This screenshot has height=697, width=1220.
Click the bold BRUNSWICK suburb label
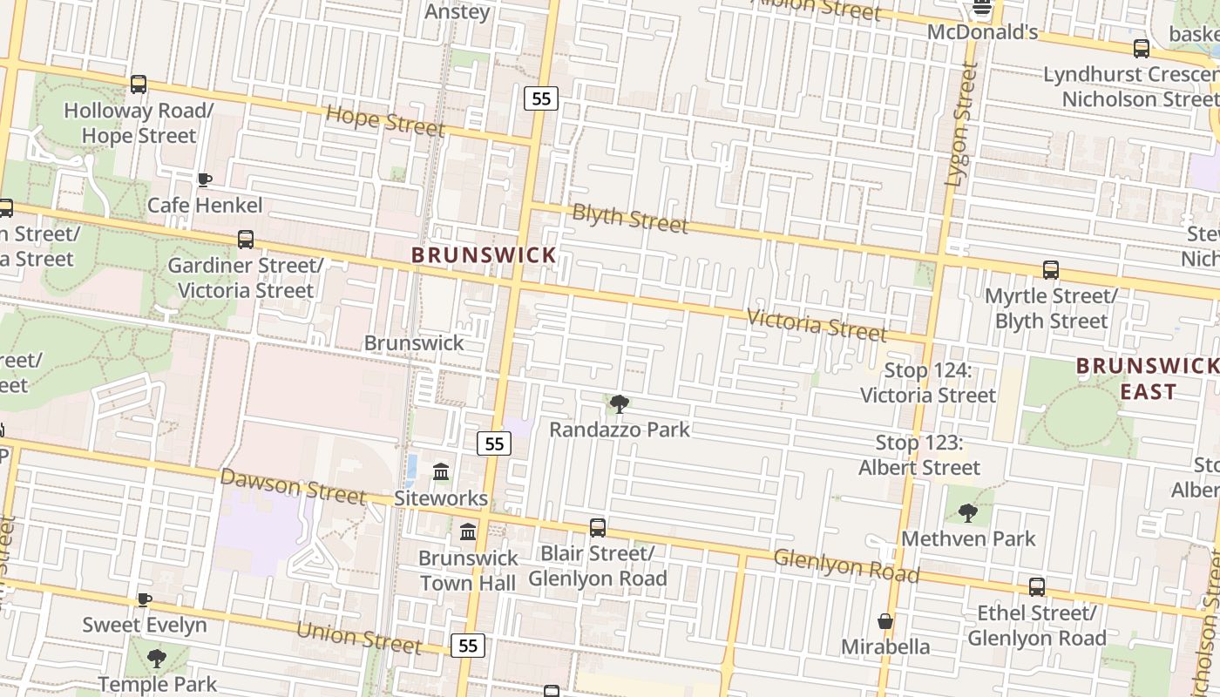(484, 255)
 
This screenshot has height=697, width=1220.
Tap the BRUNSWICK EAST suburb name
(1148, 379)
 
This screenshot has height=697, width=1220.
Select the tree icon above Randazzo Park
(620, 404)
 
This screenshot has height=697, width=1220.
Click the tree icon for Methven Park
(968, 513)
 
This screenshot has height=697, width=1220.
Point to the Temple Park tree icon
(157, 659)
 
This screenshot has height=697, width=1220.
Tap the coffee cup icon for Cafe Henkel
(205, 180)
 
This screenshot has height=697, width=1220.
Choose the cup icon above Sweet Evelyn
(145, 600)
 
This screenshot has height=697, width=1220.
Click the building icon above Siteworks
(441, 472)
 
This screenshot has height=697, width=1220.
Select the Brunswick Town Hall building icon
(468, 531)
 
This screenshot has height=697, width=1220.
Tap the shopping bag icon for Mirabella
(885, 622)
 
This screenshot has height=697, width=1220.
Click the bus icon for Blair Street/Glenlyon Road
(598, 528)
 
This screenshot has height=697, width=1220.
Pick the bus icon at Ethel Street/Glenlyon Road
(1037, 587)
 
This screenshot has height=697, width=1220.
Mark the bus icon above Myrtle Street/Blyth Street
(1051, 271)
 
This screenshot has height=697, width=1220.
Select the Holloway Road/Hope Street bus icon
(139, 85)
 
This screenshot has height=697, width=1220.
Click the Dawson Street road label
(292, 487)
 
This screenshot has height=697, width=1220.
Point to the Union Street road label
(359, 637)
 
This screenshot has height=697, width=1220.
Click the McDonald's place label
(982, 33)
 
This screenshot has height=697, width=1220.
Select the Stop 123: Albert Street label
(919, 456)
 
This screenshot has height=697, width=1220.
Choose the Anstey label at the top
(457, 12)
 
